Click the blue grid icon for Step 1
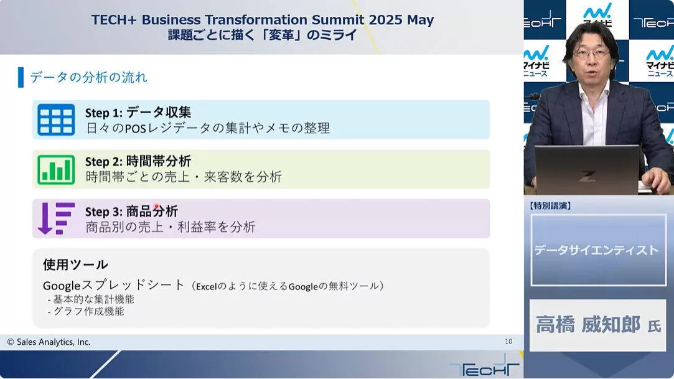[x=56, y=119]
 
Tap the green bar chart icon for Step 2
[x=56, y=169]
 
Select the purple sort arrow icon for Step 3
[x=56, y=218]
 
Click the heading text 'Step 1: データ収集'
[x=138, y=113]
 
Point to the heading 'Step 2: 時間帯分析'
[x=138, y=162]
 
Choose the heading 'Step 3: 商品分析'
[x=131, y=212]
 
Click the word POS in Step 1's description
[x=136, y=128]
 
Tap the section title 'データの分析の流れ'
[x=88, y=77]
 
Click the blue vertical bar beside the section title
[x=21, y=77]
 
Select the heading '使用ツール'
[x=75, y=264]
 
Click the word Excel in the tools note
[x=207, y=287]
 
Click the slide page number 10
[x=508, y=341]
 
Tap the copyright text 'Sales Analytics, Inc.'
[x=54, y=342]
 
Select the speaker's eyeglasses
[x=592, y=55]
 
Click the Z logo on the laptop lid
[x=587, y=175]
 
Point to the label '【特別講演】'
[x=550, y=206]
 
